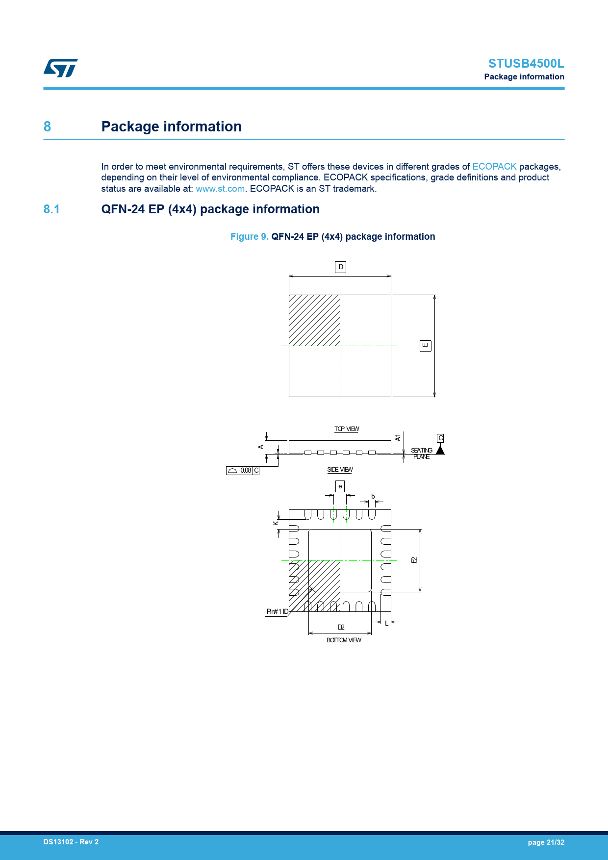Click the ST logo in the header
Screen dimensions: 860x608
pyautogui.click(x=60, y=68)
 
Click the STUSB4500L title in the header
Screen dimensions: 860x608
pyautogui.click(x=526, y=63)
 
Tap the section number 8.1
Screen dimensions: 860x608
pyautogui.click(x=51, y=209)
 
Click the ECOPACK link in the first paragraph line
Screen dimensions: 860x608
pyautogui.click(x=494, y=167)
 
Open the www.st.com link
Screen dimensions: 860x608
pyautogui.click(x=220, y=189)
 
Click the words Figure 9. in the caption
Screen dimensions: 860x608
pyautogui.click(x=249, y=237)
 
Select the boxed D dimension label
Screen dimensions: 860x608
pyautogui.click(x=340, y=267)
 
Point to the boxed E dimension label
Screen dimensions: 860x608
pyautogui.click(x=425, y=346)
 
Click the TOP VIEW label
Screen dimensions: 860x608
pyautogui.click(x=347, y=429)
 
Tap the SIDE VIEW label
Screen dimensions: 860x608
pyautogui.click(x=340, y=470)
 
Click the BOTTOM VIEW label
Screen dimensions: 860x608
pyautogui.click(x=344, y=640)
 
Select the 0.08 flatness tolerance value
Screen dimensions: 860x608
pyautogui.click(x=246, y=471)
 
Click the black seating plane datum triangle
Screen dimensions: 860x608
pyautogui.click(x=440, y=450)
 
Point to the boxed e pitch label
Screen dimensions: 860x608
pyautogui.click(x=340, y=486)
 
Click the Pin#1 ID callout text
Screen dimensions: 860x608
pyautogui.click(x=277, y=611)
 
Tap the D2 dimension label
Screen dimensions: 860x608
pyautogui.click(x=341, y=627)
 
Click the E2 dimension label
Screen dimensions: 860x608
pyautogui.click(x=414, y=560)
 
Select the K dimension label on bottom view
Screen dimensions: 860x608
pyautogui.click(x=276, y=523)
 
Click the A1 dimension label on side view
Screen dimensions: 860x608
pyautogui.click(x=398, y=437)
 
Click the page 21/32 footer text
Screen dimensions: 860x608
pyautogui.click(x=546, y=842)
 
